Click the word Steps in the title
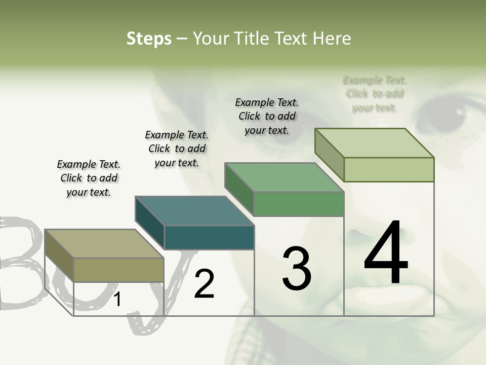coord(149,39)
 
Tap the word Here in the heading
coord(331,39)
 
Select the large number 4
coord(386,253)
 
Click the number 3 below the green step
coord(296,269)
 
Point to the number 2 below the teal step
coord(204,284)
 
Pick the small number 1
coord(117,300)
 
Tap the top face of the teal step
coord(194,210)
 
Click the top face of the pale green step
coord(375,143)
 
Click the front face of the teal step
coord(209,237)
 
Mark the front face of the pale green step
coord(389,169)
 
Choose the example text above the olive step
coord(89,178)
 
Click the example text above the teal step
coord(177,149)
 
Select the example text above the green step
coord(267,116)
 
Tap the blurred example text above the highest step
coord(375,94)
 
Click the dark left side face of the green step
coord(239,189)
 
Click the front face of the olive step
coord(119,270)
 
